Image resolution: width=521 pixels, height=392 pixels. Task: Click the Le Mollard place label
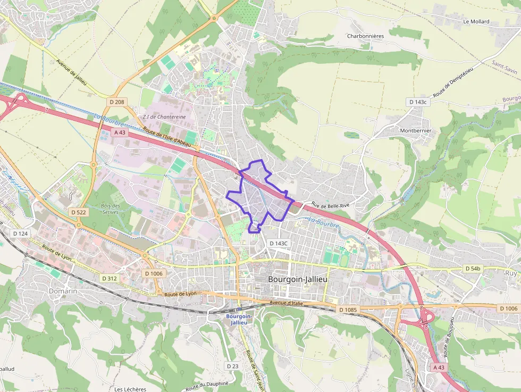pos(476,22)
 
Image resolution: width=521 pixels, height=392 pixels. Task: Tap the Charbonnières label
pos(365,36)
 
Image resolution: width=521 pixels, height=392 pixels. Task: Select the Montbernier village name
pos(415,130)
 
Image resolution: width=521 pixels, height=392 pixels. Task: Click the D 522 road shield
pos(78,212)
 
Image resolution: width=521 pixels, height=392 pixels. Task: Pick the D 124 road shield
pos(20,233)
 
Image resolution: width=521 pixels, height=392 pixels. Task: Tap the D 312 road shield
pos(108,278)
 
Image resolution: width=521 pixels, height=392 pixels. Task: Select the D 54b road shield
pos(473,269)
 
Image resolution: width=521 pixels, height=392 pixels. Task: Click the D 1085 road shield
pos(348,309)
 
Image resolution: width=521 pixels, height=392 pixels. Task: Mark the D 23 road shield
pos(232,366)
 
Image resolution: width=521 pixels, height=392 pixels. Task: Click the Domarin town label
pos(63,291)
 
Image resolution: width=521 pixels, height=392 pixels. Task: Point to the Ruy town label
pos(511,273)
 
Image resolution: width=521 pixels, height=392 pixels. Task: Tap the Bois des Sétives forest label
pos(110,208)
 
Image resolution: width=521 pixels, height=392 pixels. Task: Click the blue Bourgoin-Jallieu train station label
pos(239,319)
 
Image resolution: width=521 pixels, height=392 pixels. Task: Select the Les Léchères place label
pos(130,389)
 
